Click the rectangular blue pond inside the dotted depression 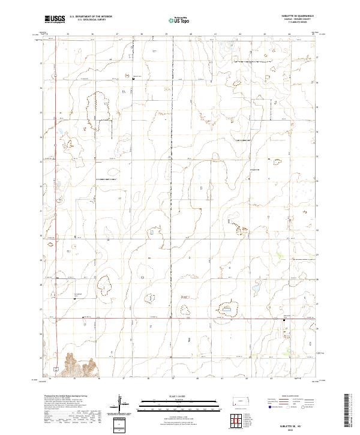click(229, 309)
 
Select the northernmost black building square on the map click(133, 77)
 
